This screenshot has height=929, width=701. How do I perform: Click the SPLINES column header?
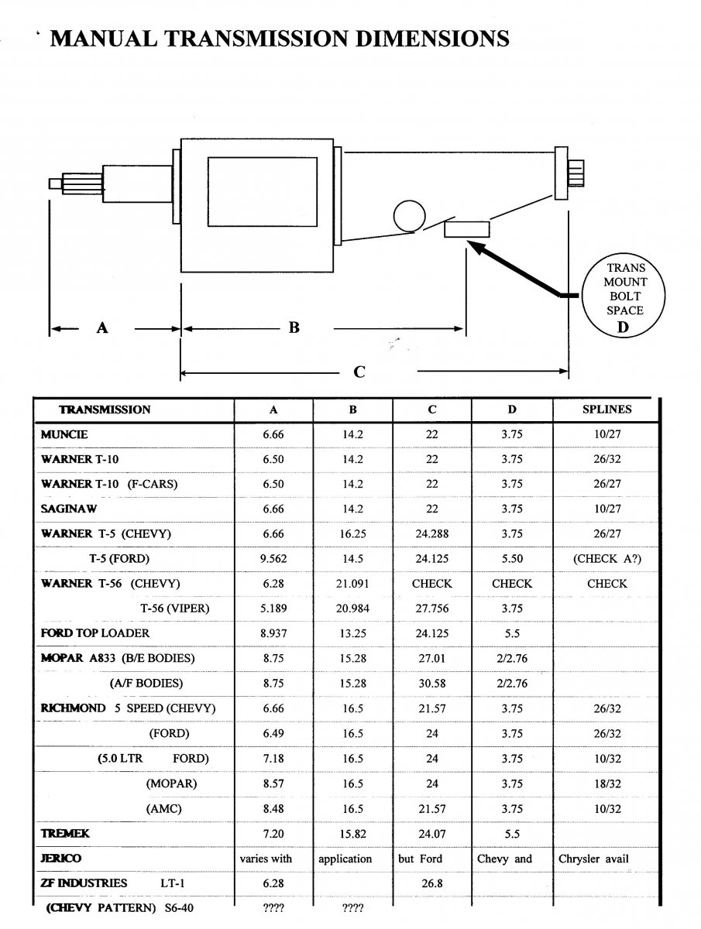pyautogui.click(x=607, y=410)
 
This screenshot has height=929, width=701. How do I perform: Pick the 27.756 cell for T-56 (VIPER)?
pyautogui.click(x=431, y=608)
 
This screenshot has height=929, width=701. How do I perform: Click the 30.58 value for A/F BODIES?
pyautogui.click(x=431, y=684)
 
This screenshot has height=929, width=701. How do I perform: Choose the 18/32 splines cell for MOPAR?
pyautogui.click(x=607, y=783)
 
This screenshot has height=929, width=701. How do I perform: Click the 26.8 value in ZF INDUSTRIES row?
pyautogui.click(x=431, y=883)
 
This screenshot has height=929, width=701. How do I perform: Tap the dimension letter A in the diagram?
pyautogui.click(x=101, y=328)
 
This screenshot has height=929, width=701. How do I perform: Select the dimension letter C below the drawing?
pyautogui.click(x=359, y=372)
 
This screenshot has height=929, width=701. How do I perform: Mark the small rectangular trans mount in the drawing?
pyautogui.click(x=466, y=229)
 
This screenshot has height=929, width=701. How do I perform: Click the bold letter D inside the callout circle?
pyautogui.click(x=624, y=325)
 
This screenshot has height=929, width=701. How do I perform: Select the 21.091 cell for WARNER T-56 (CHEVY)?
pyautogui.click(x=352, y=584)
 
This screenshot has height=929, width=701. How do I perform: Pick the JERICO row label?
pyautogui.click(x=60, y=859)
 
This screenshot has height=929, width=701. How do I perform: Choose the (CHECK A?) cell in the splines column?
pyautogui.click(x=607, y=559)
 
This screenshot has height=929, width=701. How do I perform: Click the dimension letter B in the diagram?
pyautogui.click(x=294, y=328)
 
